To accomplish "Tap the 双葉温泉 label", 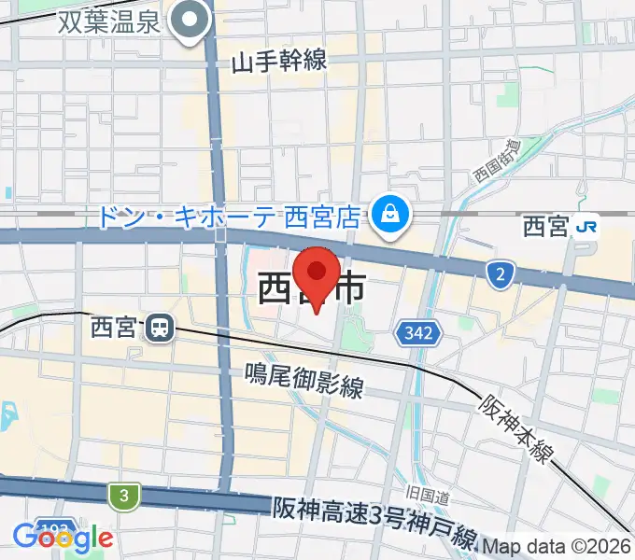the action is (113, 22).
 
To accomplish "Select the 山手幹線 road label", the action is (279, 62).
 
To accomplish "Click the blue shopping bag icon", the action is (385, 216).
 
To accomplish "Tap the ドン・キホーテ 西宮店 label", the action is (228, 217).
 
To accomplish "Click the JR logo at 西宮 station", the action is (587, 225).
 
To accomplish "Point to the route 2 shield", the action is (501, 273).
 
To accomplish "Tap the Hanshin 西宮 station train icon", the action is (161, 327).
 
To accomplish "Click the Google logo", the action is (63, 538).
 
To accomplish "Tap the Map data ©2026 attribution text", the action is (557, 546).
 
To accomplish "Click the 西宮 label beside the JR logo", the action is (545, 226).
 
